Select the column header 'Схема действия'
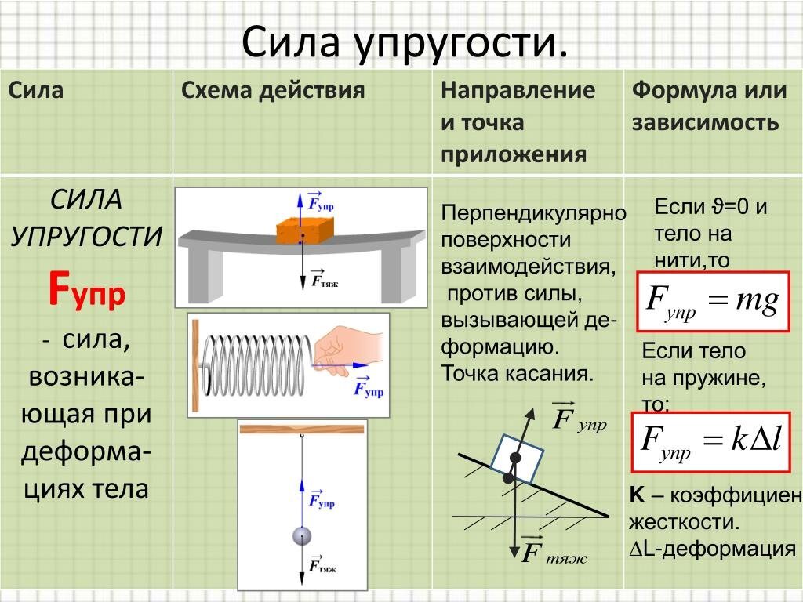point(273,90)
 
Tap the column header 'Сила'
point(36,90)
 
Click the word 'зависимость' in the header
point(706,123)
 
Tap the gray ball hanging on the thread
point(302,536)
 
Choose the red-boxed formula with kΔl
point(710,440)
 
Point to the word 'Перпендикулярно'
point(533,213)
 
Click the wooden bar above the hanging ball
point(302,429)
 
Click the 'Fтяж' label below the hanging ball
point(322,565)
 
